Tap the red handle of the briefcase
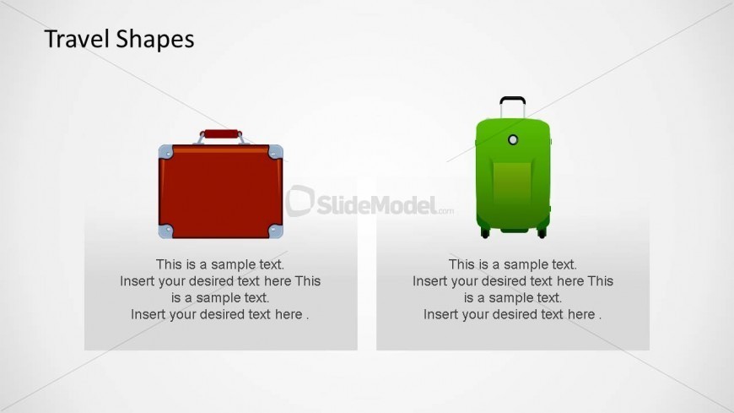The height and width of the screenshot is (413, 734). (x=221, y=133)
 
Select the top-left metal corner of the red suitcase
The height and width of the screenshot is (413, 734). (x=166, y=152)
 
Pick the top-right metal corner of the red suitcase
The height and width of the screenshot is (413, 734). (x=275, y=152)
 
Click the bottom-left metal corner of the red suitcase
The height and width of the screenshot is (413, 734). (x=166, y=230)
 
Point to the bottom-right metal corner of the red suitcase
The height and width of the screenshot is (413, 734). (x=275, y=230)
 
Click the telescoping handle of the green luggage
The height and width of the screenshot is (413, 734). (x=512, y=106)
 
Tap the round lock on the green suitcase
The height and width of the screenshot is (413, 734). (x=513, y=139)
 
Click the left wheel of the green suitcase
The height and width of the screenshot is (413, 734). (x=485, y=232)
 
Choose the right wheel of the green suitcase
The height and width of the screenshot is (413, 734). (x=542, y=232)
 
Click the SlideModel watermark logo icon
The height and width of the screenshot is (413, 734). (x=300, y=201)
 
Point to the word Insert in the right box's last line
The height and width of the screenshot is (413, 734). (x=442, y=315)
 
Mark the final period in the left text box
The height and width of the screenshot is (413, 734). (x=307, y=317)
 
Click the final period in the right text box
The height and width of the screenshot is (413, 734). (x=600, y=317)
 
